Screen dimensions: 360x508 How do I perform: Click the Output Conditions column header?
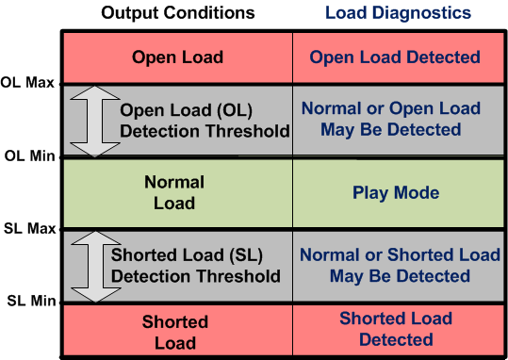tap(177, 13)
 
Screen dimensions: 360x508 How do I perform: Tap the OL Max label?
tap(27, 83)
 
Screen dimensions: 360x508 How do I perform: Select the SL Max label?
tap(28, 229)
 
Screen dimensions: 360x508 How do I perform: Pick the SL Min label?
tap(29, 302)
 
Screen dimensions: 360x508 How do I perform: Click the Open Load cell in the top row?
tap(177, 57)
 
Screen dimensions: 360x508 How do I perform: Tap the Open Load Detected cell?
tap(395, 57)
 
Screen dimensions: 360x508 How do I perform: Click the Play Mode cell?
tap(396, 192)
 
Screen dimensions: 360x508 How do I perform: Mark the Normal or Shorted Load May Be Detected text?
tap(400, 265)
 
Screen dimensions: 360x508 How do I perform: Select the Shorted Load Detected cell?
tap(396, 328)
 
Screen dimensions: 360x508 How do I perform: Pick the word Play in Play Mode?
tap(370, 192)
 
